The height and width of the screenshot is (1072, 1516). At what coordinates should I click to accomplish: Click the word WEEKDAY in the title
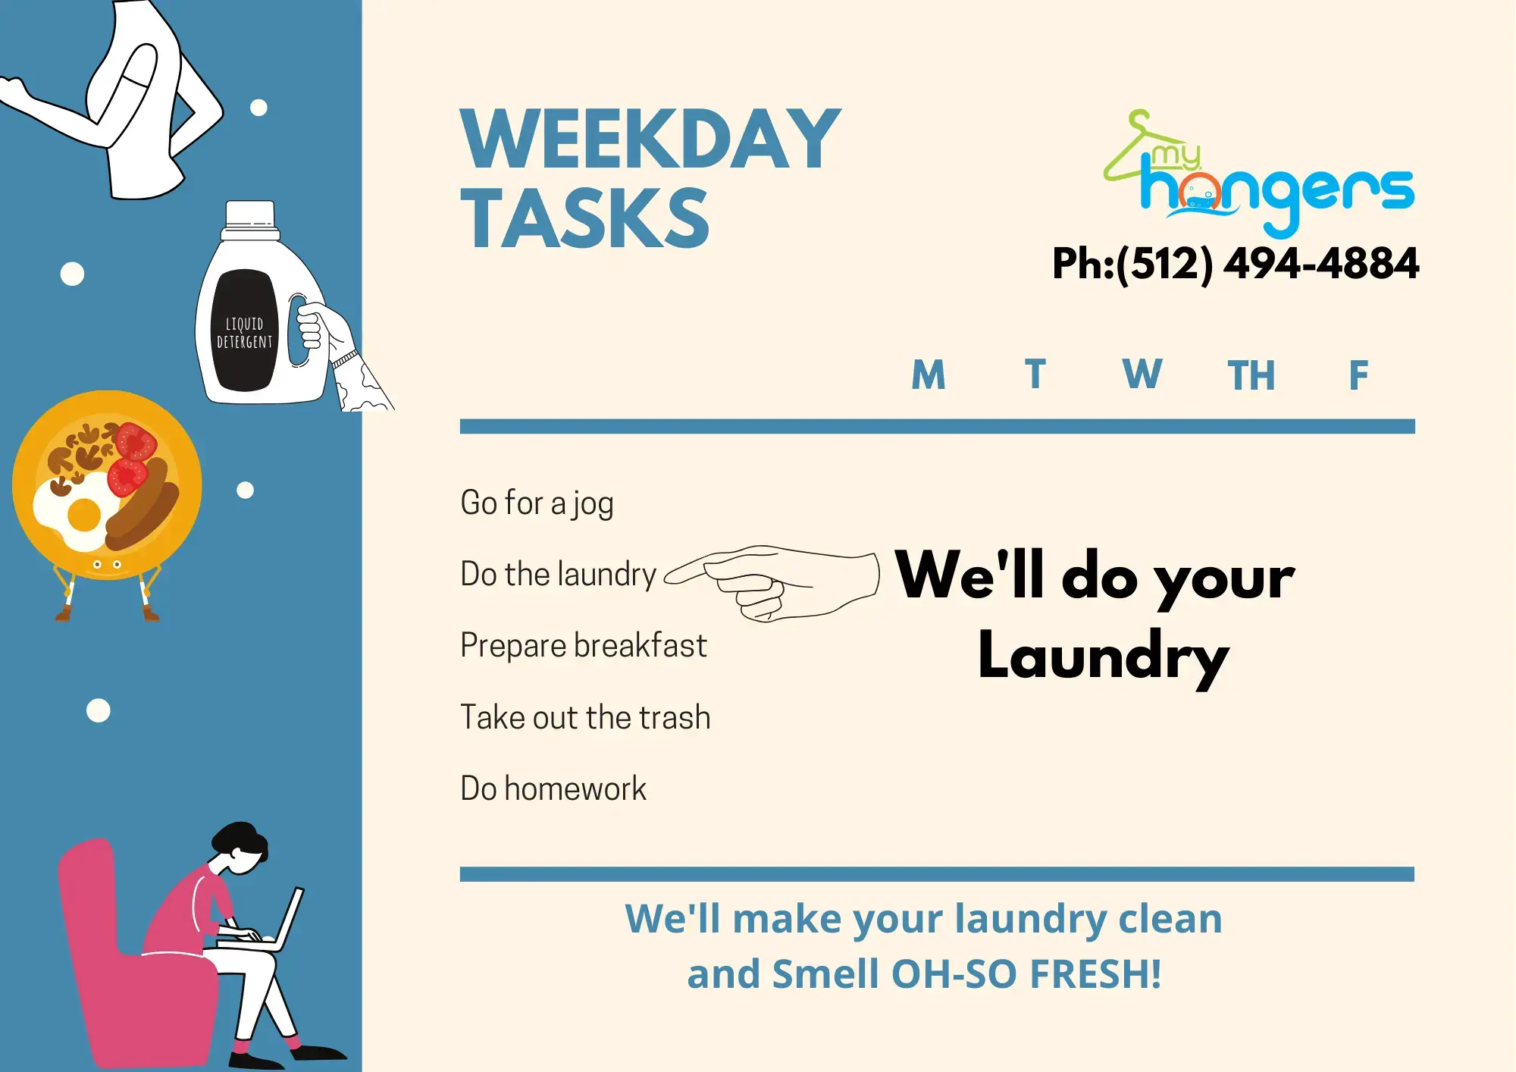click(x=650, y=139)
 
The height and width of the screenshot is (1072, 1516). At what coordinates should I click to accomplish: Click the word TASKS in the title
click(x=584, y=219)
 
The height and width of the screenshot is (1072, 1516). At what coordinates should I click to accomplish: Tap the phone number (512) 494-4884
click(x=1267, y=264)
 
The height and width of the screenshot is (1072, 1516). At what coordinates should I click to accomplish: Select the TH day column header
click(x=1251, y=375)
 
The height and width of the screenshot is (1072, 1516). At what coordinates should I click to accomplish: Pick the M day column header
click(x=928, y=375)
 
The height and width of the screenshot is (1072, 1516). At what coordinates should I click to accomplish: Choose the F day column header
click(x=1358, y=375)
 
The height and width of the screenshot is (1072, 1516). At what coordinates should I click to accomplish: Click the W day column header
click(x=1142, y=375)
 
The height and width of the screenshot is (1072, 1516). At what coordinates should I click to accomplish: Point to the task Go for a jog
click(x=537, y=503)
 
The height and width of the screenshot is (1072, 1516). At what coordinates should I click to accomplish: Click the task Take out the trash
click(x=585, y=717)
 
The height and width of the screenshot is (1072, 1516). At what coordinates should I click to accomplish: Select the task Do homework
click(x=553, y=788)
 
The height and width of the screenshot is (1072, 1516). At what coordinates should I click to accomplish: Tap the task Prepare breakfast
click(x=583, y=646)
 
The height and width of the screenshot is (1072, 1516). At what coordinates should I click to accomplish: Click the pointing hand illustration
click(x=781, y=582)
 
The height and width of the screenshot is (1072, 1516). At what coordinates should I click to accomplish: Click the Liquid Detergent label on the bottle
click(x=244, y=333)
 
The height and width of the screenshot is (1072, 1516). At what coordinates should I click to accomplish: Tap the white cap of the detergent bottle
click(x=250, y=215)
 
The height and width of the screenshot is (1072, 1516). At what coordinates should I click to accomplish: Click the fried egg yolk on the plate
click(x=83, y=516)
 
